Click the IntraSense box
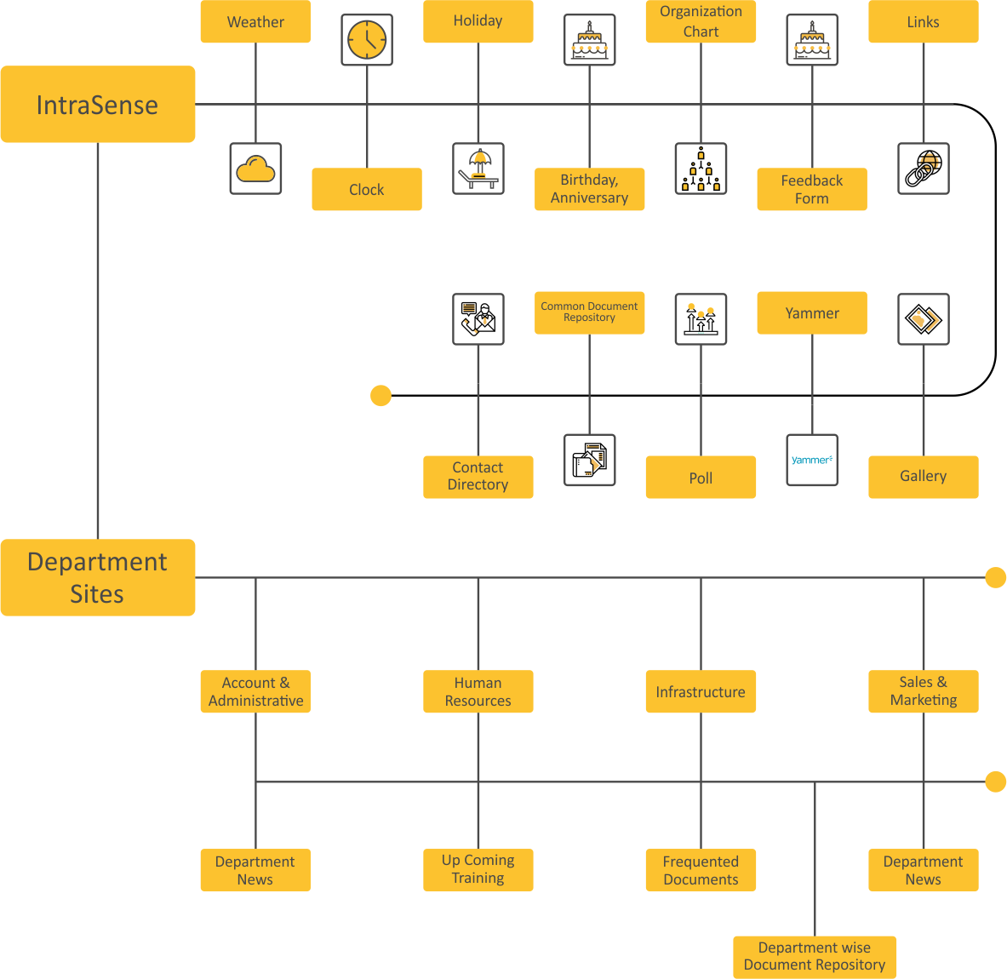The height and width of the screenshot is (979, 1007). pos(97,105)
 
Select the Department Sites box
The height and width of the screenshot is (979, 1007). pos(97,577)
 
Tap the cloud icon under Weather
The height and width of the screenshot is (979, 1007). pos(255,169)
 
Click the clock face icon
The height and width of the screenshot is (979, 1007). pos(367,39)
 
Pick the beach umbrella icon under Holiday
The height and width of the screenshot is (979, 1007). pos(478,169)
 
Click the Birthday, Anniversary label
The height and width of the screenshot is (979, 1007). pos(589,189)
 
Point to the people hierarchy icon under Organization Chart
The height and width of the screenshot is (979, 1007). pos(701,169)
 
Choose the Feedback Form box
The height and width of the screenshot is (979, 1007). pos(812,189)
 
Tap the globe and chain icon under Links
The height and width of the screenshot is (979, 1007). pos(924,169)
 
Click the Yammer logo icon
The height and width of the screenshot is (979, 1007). pos(812,460)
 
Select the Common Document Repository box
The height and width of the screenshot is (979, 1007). pos(589,312)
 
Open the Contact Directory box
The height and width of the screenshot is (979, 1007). pos(478,476)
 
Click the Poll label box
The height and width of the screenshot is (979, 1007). pos(701,478)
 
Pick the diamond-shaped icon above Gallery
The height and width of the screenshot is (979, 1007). pos(924,319)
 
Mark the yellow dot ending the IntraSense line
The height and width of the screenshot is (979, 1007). pos(380,395)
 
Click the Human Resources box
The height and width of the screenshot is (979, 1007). pos(478,691)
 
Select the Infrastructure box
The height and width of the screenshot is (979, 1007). pos(701,691)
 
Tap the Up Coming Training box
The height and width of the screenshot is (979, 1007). pos(478,869)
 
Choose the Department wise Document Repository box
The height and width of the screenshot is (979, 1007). pos(815,957)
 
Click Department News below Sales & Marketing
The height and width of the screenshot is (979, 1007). pos(924,870)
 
